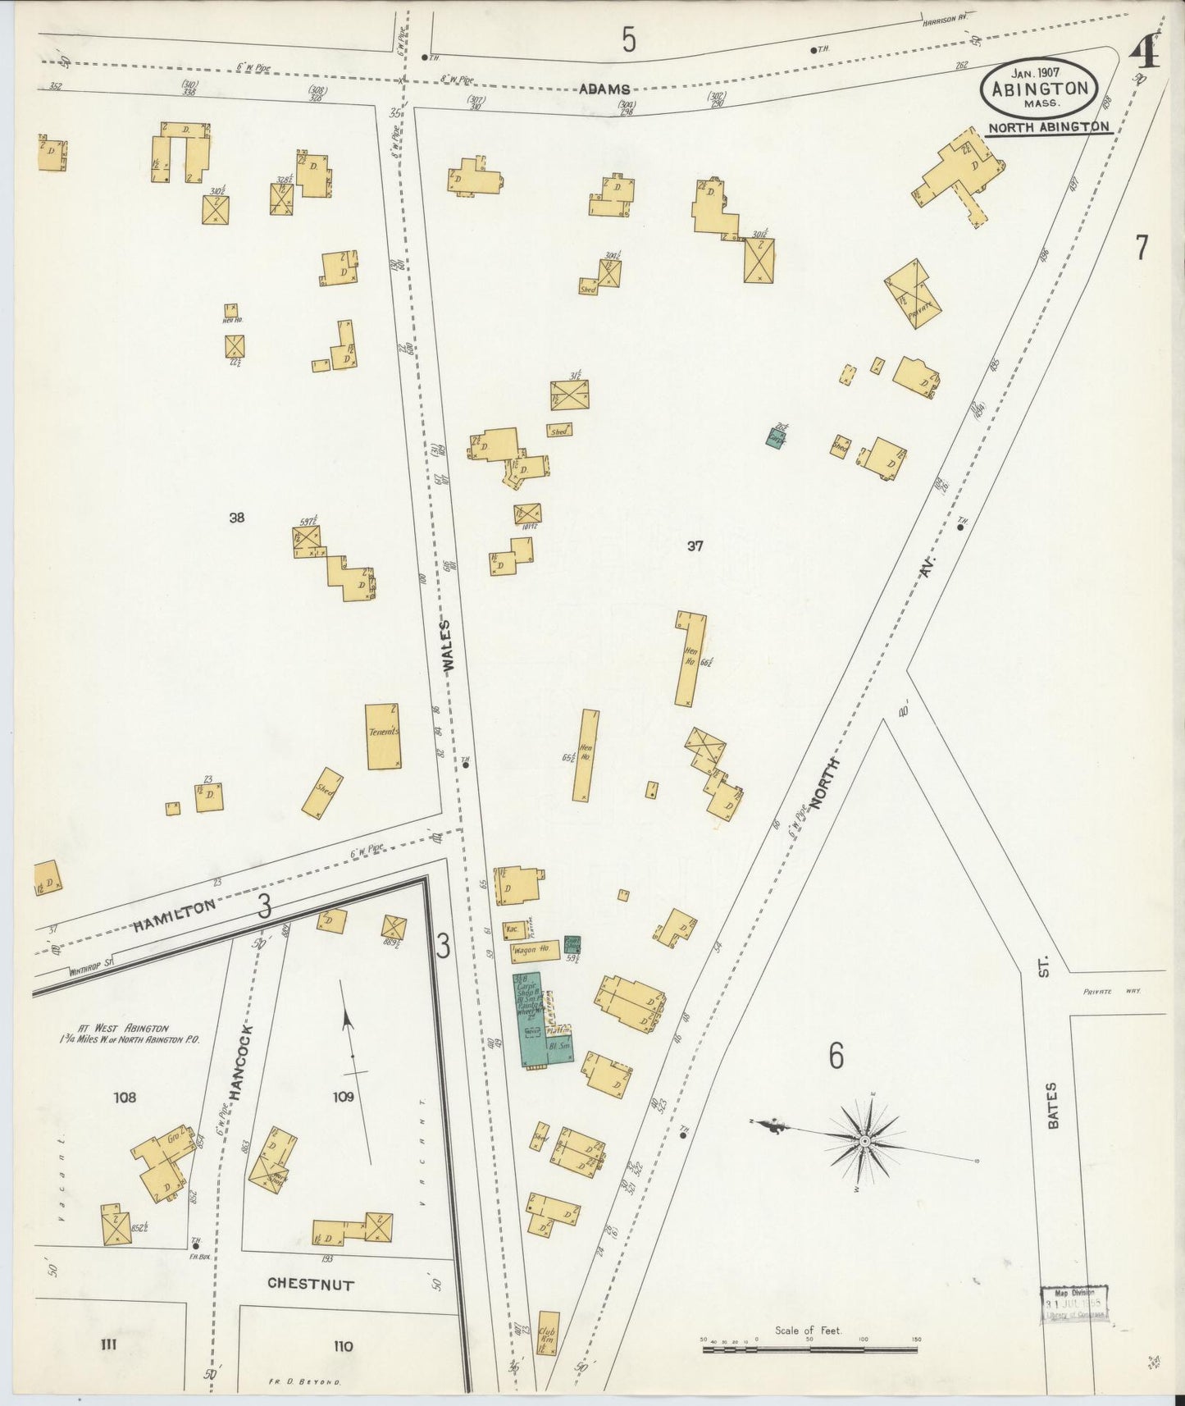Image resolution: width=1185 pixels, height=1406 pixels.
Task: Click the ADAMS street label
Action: pos(604,89)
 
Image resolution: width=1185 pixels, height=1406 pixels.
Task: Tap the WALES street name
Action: pos(448,647)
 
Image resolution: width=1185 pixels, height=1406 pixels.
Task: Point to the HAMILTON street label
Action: pos(174,915)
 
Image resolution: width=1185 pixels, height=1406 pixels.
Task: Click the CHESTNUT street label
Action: pos(311,1284)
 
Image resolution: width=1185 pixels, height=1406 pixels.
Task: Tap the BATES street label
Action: pos(1052,1105)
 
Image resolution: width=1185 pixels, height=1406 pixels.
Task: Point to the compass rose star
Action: pos(864,1141)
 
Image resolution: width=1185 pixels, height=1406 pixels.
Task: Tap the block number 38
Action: pos(236,518)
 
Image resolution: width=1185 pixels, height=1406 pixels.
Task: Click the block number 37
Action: pos(695,546)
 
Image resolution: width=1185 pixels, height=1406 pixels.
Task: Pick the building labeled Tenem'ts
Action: pos(383,736)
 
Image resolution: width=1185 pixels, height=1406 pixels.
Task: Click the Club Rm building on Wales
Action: pos(548,1334)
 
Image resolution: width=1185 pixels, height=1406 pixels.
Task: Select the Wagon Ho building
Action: pos(534,951)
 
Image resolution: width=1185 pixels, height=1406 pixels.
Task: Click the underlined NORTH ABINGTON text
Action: pos(1048,127)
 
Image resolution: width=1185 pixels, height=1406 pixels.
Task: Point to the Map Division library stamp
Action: pos(1074,1303)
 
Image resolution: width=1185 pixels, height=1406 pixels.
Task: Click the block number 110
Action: pos(343,1345)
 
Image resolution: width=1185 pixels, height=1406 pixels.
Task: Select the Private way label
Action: pos(1111,991)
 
